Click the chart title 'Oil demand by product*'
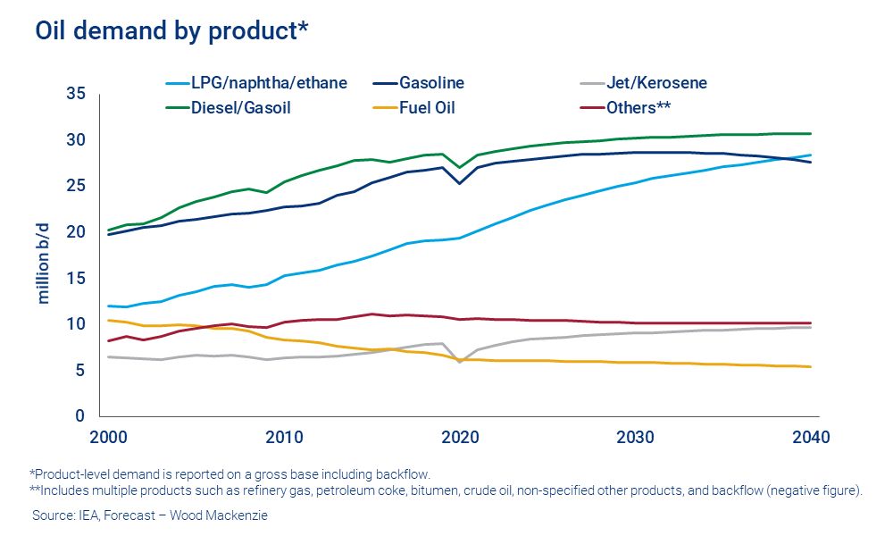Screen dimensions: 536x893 click(x=172, y=30)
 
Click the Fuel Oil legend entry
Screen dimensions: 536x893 click(x=429, y=108)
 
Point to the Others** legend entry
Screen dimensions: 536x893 click(x=638, y=108)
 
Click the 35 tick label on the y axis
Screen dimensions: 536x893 click(x=76, y=94)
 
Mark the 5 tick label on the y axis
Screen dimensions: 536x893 click(x=80, y=370)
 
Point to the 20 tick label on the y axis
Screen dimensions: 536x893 click(x=76, y=232)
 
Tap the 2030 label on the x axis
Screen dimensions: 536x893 click(x=635, y=438)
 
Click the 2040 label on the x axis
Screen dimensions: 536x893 click(x=812, y=438)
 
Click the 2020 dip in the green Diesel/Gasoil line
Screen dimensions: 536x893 click(x=459, y=167)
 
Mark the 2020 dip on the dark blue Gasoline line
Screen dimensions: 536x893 click(x=459, y=183)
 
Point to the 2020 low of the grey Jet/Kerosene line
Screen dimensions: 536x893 click(x=459, y=361)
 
